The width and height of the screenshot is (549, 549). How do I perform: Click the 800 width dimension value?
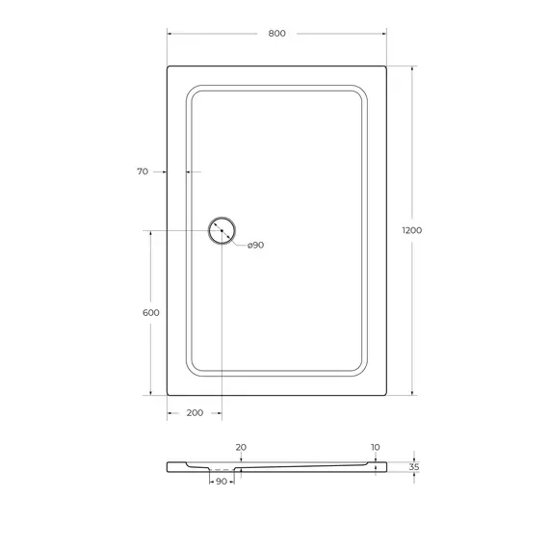point(276,34)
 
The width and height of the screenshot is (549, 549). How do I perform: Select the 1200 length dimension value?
point(412,230)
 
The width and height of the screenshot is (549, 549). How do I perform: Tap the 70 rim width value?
point(143,171)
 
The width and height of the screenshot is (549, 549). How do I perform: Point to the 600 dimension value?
point(150,313)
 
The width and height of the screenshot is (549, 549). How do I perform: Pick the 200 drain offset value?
point(195,412)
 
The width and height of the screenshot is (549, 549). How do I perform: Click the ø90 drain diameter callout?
point(255,245)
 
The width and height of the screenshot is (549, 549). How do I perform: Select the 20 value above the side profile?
point(241,447)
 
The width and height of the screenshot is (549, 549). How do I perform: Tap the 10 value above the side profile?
point(374,447)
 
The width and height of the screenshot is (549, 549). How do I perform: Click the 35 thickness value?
point(414,466)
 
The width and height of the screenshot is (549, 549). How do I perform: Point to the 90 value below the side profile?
point(222,481)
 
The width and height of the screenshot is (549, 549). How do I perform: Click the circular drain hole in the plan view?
point(222,231)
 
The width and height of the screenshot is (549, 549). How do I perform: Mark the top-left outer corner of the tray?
point(169,67)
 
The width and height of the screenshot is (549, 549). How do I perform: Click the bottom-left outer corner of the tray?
point(169,394)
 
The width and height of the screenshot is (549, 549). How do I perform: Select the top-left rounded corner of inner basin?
point(192,91)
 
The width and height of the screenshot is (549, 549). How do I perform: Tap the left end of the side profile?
point(170,466)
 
